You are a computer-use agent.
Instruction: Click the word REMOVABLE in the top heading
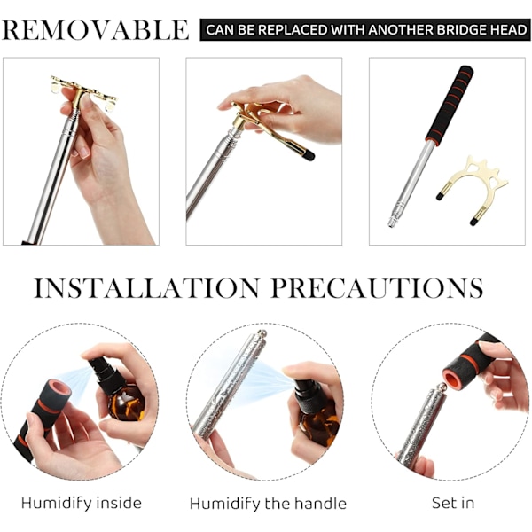click(95, 30)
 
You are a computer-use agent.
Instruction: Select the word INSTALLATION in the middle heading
click(146, 288)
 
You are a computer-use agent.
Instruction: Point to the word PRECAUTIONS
click(377, 288)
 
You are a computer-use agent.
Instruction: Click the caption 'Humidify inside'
click(82, 503)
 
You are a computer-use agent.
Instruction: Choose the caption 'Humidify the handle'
click(268, 504)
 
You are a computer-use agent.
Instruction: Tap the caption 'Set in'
click(453, 503)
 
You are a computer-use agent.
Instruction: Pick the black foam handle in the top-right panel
click(450, 106)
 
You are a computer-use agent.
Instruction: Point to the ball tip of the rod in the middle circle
click(262, 333)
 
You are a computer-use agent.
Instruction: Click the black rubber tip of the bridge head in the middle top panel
click(309, 156)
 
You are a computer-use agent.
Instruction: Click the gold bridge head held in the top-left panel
click(84, 91)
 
